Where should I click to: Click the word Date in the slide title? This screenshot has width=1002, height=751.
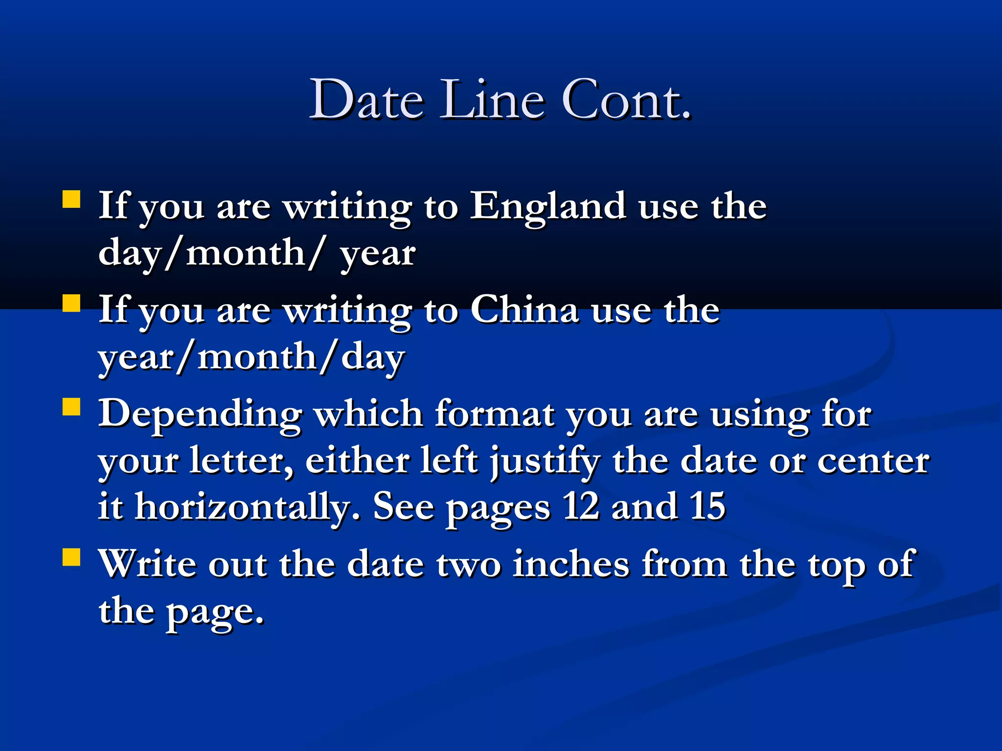pyautogui.click(x=367, y=100)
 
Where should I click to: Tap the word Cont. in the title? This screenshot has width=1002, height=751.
pyautogui.click(x=627, y=100)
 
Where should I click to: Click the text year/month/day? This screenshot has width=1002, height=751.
pyautogui.click(x=251, y=357)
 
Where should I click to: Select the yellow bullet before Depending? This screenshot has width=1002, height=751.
pyautogui.click(x=71, y=406)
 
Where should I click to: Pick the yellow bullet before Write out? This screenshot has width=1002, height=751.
pyautogui.click(x=71, y=557)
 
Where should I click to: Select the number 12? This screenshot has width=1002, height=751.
pyautogui.click(x=581, y=507)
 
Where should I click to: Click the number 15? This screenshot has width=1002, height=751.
pyautogui.click(x=707, y=507)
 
